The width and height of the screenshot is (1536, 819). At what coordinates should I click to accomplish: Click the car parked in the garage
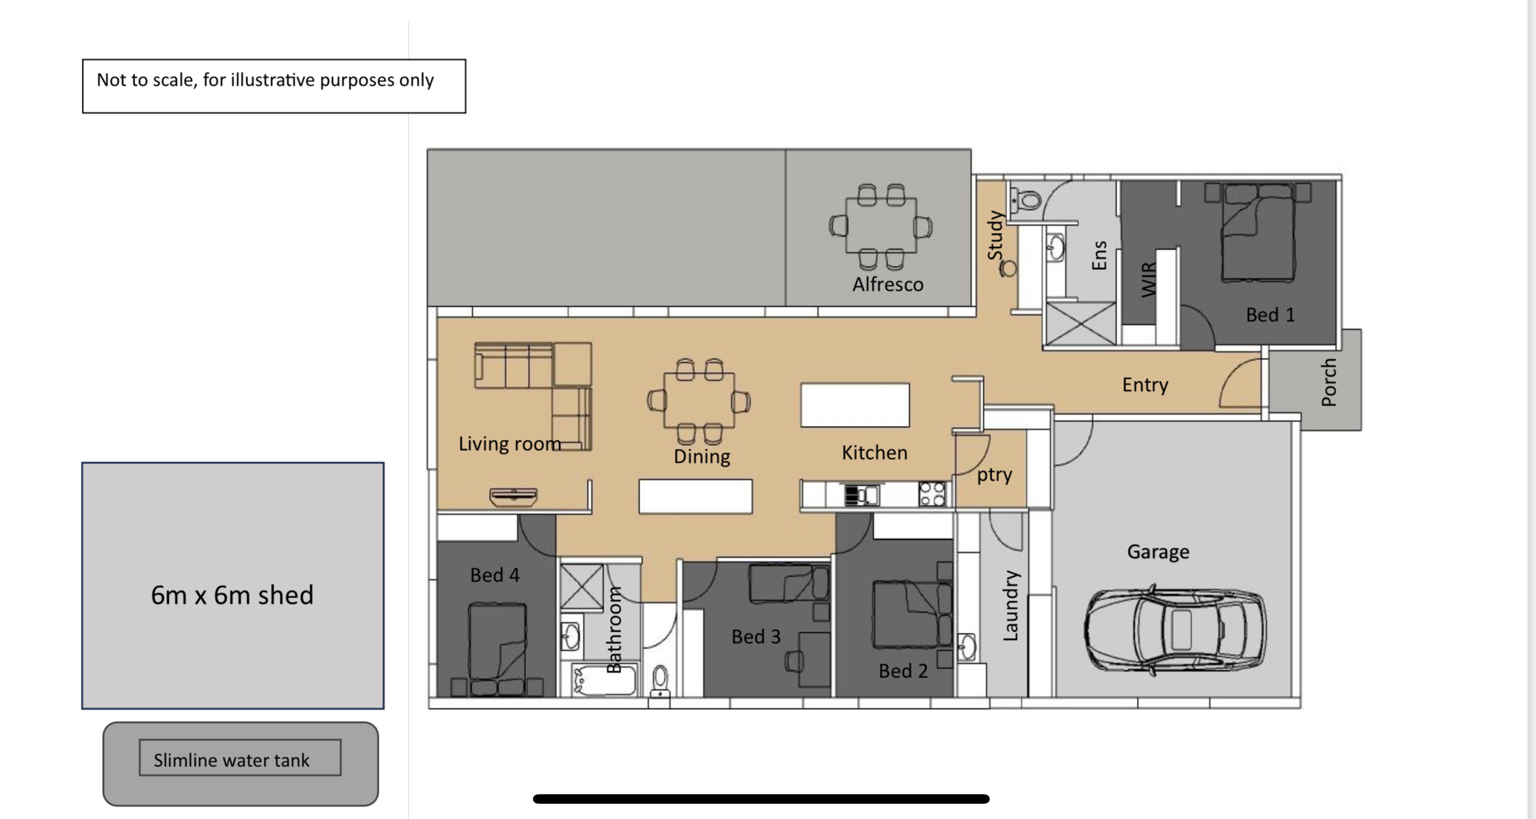[x=1175, y=629]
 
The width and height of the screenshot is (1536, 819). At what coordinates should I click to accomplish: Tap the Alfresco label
[x=888, y=284]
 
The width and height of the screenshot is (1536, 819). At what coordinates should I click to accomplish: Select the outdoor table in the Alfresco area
[x=881, y=226]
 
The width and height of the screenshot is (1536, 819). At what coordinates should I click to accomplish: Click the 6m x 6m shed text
[x=232, y=595]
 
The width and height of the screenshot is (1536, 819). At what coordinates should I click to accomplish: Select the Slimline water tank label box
[x=240, y=757]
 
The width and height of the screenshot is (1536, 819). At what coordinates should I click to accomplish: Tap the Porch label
[x=1329, y=382]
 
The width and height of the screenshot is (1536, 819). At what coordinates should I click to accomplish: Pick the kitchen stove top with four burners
[x=933, y=494]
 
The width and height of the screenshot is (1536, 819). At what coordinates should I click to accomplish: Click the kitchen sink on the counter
[x=862, y=495]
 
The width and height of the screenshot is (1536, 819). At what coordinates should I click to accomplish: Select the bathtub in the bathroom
[x=603, y=679]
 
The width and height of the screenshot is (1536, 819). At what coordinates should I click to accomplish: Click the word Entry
[x=1145, y=385]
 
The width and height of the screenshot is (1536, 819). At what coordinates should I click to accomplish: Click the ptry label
[x=994, y=475]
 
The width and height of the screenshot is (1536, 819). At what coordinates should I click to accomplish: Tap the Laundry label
[x=1011, y=606]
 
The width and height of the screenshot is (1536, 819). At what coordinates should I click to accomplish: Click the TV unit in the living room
[x=514, y=496]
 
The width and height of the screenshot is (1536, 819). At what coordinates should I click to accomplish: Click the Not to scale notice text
[x=265, y=80]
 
